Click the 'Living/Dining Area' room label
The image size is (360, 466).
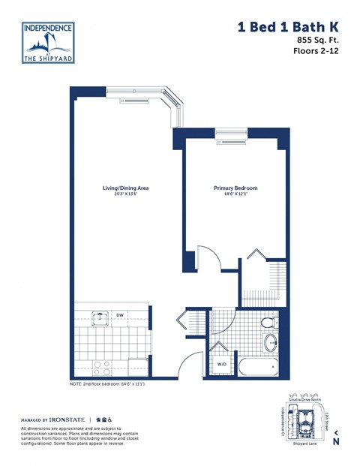click(126, 188)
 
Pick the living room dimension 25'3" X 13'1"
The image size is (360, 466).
click(126, 195)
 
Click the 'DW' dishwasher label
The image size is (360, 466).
click(120, 315)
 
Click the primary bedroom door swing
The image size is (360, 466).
click(206, 259)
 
